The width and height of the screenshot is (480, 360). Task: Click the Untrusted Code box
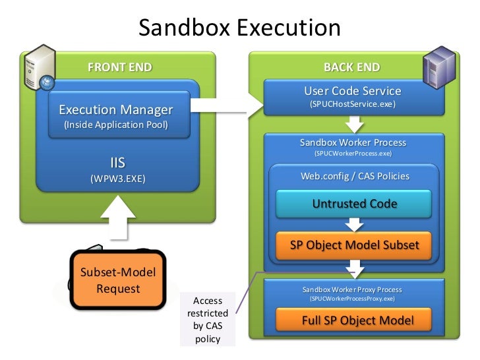point(353,204)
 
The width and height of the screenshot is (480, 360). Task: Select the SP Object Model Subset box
point(353,245)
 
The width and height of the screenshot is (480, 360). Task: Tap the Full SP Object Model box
point(353,320)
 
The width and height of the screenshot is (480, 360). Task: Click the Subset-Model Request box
point(118,280)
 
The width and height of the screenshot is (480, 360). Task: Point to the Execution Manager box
point(119,115)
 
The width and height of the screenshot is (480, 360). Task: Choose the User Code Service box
point(354,98)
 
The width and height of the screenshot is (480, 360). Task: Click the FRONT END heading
point(120,67)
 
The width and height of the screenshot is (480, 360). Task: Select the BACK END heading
point(351,67)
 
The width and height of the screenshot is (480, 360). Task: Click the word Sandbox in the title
point(185,28)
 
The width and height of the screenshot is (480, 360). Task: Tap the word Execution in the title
point(289,28)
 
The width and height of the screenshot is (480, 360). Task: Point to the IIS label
point(118,163)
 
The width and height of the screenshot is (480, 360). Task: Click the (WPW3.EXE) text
point(118,179)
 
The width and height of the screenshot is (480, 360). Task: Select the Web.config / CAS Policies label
point(355,176)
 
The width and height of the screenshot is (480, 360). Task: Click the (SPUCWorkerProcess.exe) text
point(353,154)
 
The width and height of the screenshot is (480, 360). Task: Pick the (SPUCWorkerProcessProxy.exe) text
point(352,299)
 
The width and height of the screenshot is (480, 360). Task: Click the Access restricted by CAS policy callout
point(208,320)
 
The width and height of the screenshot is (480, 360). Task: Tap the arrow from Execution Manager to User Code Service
point(227,105)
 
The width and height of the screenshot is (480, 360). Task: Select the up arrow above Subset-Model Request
point(118,218)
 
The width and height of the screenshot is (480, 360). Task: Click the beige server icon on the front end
point(40,67)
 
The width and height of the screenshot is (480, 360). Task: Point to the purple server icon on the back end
point(439,67)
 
